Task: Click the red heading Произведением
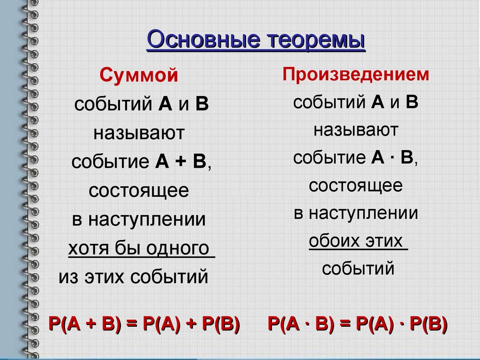[356, 75]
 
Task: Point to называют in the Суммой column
[139, 133]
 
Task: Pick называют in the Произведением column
[356, 130]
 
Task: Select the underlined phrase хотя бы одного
[139, 247]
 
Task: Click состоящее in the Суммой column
[139, 191]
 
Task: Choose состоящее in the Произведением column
[356, 186]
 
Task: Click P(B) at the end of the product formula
[427, 324]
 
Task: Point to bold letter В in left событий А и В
[202, 105]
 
